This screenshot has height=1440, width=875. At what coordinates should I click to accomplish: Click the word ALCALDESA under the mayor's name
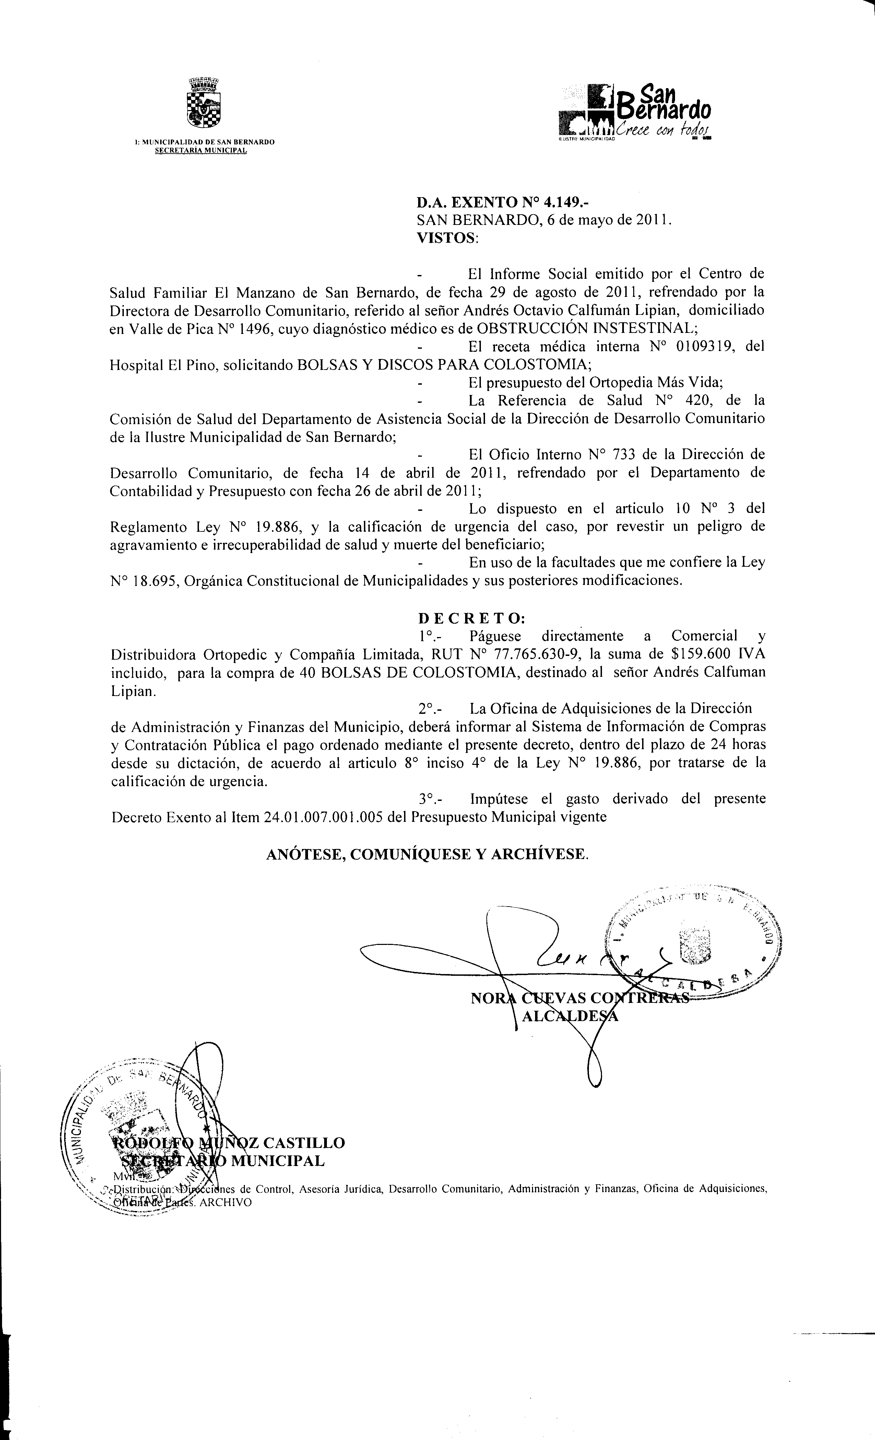570,1016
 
